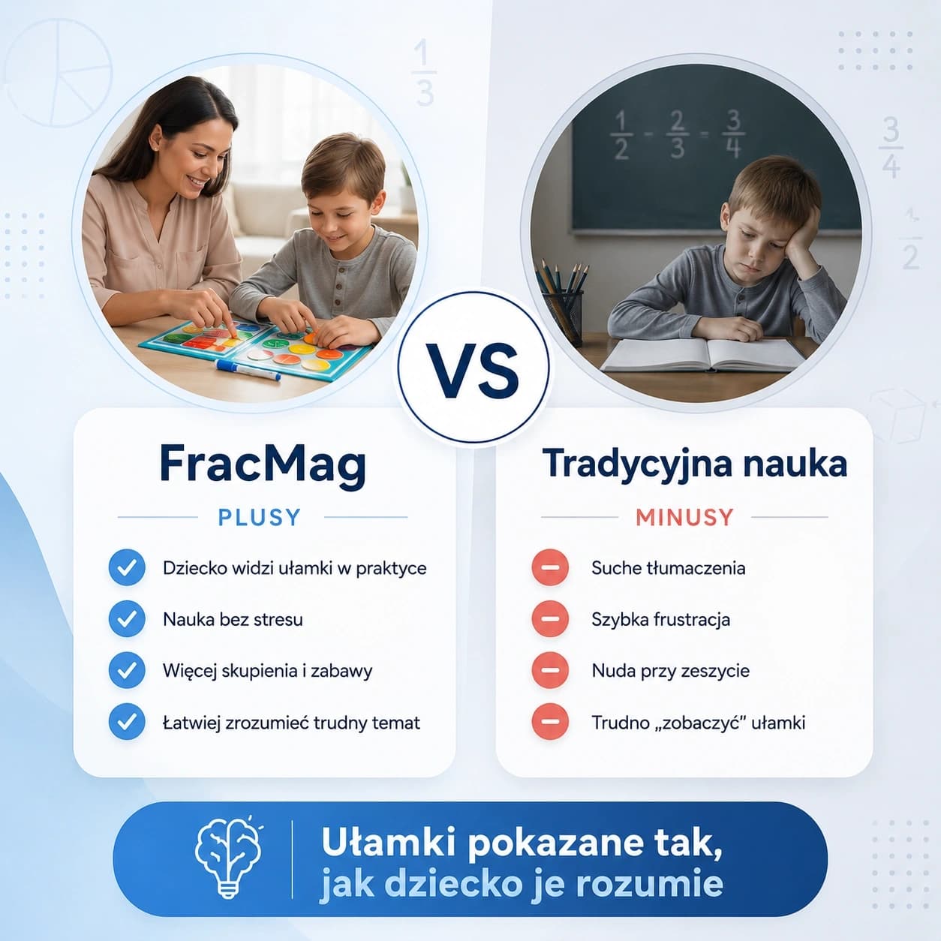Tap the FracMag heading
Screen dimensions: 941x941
coord(263,465)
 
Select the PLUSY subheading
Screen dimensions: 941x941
coord(260,518)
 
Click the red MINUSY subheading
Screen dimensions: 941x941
coord(684,518)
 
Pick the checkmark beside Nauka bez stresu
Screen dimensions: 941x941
coord(127,619)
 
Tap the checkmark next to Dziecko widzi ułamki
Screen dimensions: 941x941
coord(127,567)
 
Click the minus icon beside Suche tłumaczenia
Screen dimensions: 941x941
coord(550,567)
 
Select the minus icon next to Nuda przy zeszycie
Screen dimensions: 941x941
coord(550,670)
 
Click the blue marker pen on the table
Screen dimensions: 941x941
coord(248,370)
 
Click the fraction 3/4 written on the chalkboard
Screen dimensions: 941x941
coord(733,134)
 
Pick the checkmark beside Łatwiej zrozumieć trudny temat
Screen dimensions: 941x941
coord(127,722)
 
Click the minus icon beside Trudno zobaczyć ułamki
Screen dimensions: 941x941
coord(550,722)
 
